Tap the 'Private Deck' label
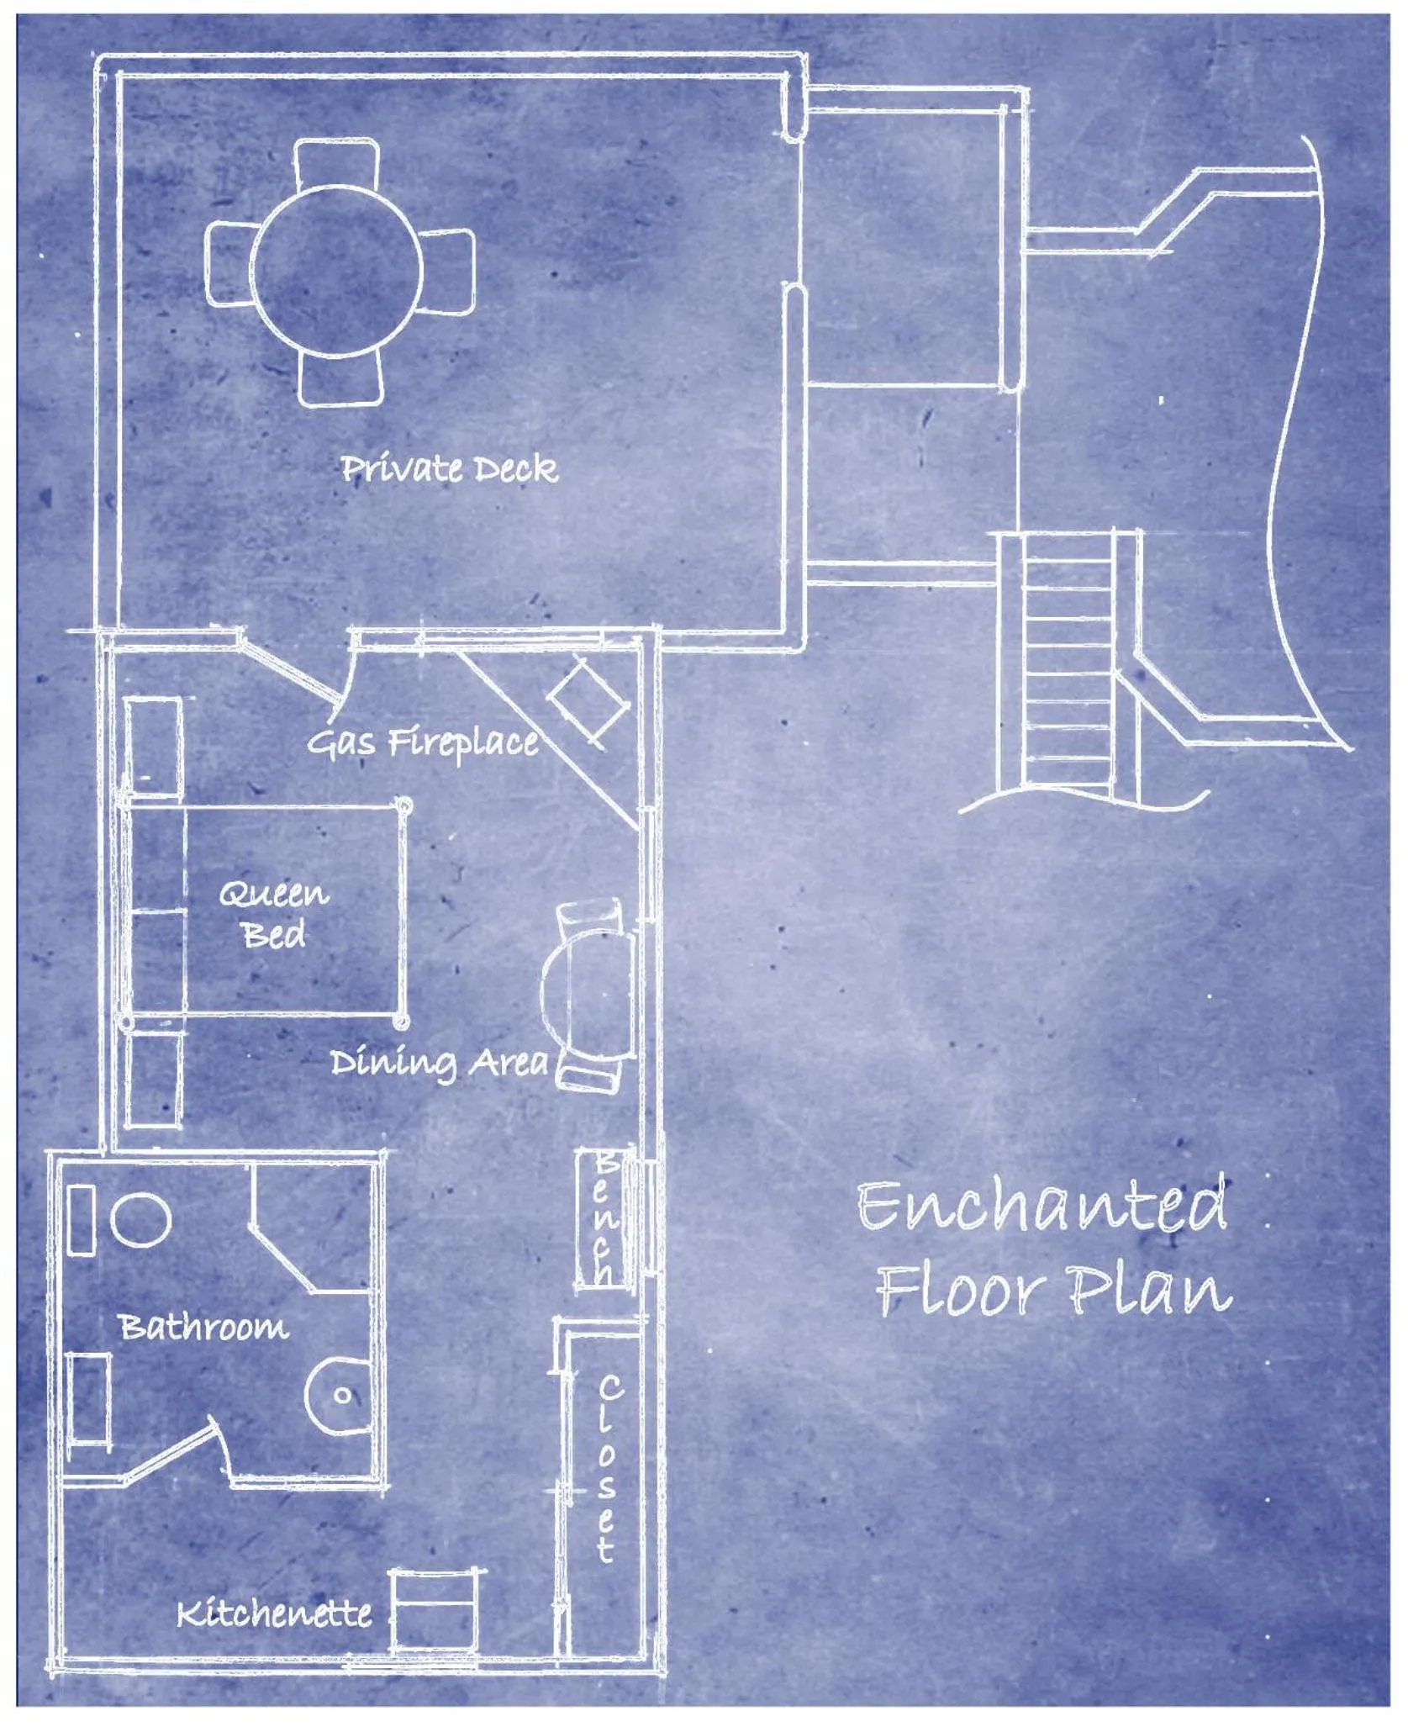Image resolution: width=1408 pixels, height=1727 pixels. tap(449, 469)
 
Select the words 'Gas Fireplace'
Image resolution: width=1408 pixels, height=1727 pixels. tap(422, 743)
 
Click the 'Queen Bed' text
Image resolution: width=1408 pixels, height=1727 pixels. tap(274, 914)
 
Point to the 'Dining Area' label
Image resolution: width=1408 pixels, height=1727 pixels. tap(438, 1063)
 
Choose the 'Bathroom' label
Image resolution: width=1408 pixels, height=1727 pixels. tap(204, 1328)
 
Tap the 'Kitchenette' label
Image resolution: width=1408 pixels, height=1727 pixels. tap(274, 1613)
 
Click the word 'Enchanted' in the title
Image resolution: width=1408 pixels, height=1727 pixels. tap(1042, 1206)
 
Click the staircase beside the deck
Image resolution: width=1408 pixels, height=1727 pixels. tap(1068, 664)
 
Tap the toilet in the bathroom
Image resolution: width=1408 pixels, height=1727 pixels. tap(338, 1395)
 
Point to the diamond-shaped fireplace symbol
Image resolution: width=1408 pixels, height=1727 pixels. tap(588, 704)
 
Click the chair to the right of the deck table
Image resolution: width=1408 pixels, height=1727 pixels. tap(446, 271)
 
